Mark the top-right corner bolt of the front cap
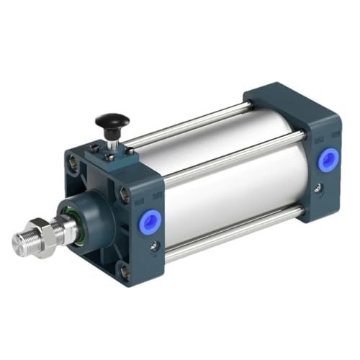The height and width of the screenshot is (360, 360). pos(125,193)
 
